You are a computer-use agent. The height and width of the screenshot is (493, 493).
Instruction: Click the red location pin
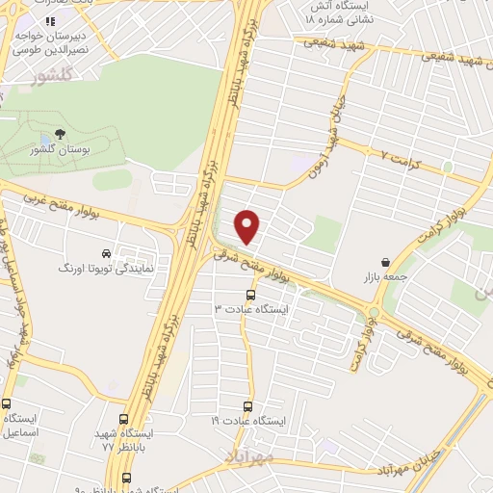click(248, 226)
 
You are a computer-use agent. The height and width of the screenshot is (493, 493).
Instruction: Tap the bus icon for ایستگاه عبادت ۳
click(251, 295)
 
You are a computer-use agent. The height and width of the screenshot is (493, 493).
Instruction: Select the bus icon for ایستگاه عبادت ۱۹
click(248, 407)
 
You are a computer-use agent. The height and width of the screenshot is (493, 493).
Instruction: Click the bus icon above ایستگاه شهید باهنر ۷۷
click(122, 419)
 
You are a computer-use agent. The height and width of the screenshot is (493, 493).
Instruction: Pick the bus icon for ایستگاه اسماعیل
click(7, 404)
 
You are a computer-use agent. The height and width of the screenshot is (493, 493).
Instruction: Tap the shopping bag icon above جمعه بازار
click(385, 261)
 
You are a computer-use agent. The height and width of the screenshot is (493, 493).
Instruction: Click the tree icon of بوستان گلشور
click(60, 134)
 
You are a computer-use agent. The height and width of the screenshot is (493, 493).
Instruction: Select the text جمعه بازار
click(385, 277)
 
